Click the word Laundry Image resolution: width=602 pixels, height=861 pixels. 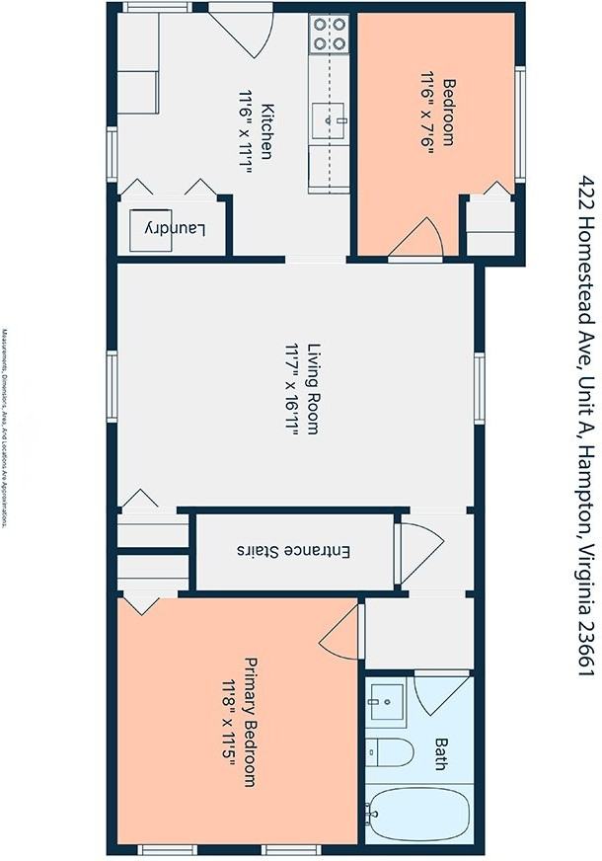(x=175, y=229)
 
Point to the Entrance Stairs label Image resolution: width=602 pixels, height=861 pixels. (x=293, y=551)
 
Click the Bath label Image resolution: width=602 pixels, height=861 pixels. (x=440, y=754)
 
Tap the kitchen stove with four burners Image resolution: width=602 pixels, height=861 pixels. (x=330, y=34)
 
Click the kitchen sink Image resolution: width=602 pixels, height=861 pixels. (x=329, y=119)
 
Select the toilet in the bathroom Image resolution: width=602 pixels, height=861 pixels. (x=389, y=752)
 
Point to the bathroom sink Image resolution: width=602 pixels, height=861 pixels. (x=386, y=701)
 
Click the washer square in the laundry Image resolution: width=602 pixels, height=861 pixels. (x=150, y=230)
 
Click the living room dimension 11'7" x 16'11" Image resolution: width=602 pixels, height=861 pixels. (x=291, y=389)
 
